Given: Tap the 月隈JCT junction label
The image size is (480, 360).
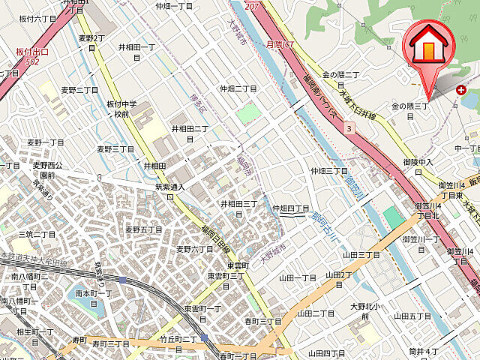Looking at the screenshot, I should pos(280,45).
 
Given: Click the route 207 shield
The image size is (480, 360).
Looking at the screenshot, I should pos(251,6).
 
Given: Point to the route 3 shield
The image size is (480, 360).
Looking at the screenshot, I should pos(349,129).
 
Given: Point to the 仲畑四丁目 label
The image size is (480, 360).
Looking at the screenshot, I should pos(291,208).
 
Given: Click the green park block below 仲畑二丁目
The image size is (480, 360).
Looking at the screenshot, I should pos(250,113).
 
